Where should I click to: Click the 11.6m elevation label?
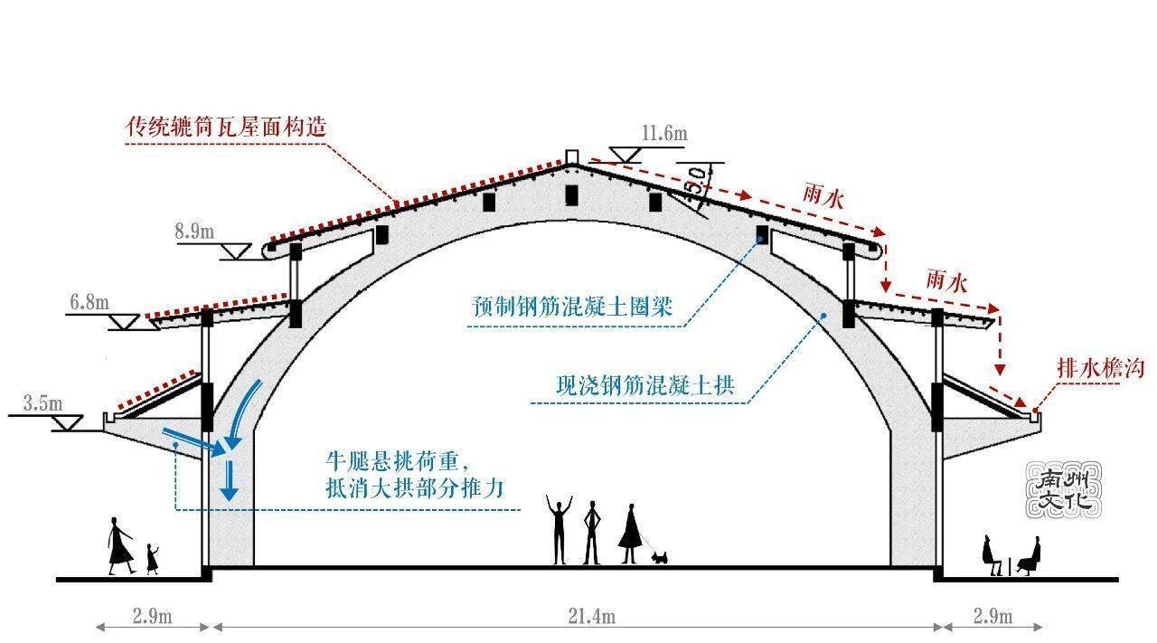click(x=664, y=133)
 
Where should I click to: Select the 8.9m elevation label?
click(x=194, y=231)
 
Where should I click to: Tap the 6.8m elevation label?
click(x=89, y=302)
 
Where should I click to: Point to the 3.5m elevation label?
click(x=42, y=403)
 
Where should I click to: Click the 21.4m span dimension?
click(x=591, y=616)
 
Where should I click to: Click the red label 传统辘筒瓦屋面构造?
click(x=226, y=127)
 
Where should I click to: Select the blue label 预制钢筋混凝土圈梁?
click(x=572, y=307)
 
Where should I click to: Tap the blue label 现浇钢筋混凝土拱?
click(x=645, y=385)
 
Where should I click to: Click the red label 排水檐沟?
click(x=1101, y=368)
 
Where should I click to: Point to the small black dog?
click(x=659, y=557)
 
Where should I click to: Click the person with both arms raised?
click(x=559, y=529)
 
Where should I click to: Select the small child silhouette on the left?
click(x=152, y=559)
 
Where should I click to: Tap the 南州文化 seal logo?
click(x=1064, y=489)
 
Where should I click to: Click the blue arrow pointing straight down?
click(x=229, y=480)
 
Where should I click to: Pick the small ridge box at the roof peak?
click(x=571, y=156)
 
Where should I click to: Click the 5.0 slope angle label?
click(x=698, y=181)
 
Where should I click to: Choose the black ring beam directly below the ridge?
click(x=571, y=195)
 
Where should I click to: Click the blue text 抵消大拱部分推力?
click(x=415, y=488)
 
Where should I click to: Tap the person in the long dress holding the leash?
click(x=630, y=534)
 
